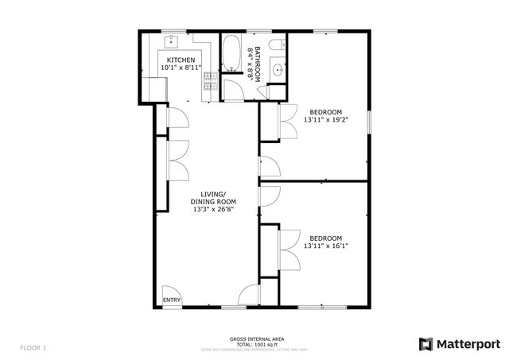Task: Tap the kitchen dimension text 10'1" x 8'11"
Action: (x=181, y=68)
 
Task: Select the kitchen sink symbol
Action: (x=172, y=40)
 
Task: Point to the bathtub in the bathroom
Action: (x=233, y=53)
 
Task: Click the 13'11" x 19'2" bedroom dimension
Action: (x=326, y=119)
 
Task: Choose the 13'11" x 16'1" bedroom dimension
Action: (x=326, y=246)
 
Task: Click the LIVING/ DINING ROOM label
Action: (x=212, y=198)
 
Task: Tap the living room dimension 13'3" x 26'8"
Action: (x=212, y=210)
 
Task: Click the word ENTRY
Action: (x=172, y=300)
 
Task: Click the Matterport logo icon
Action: (x=426, y=343)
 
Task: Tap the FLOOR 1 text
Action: (x=33, y=347)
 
